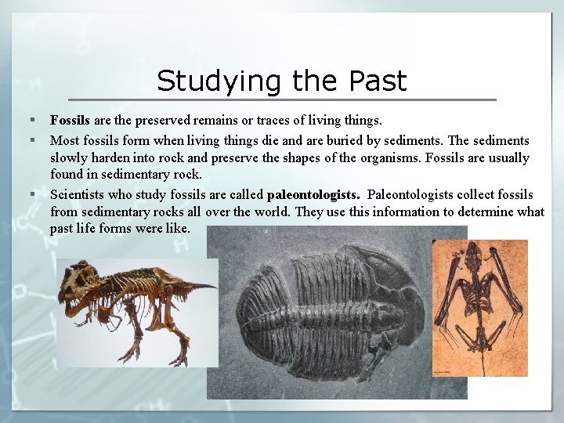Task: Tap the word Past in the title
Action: tap(378, 81)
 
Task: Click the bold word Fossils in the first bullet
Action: tap(70, 121)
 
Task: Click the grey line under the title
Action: tap(282, 99)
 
